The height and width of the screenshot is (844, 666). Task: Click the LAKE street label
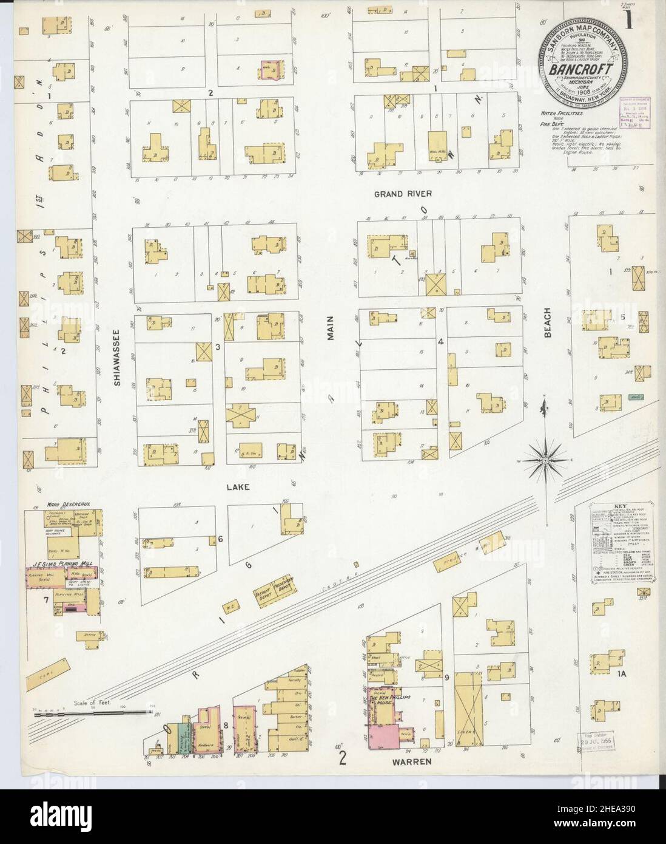(x=239, y=487)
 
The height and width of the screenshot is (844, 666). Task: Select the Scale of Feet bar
(x=91, y=710)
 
